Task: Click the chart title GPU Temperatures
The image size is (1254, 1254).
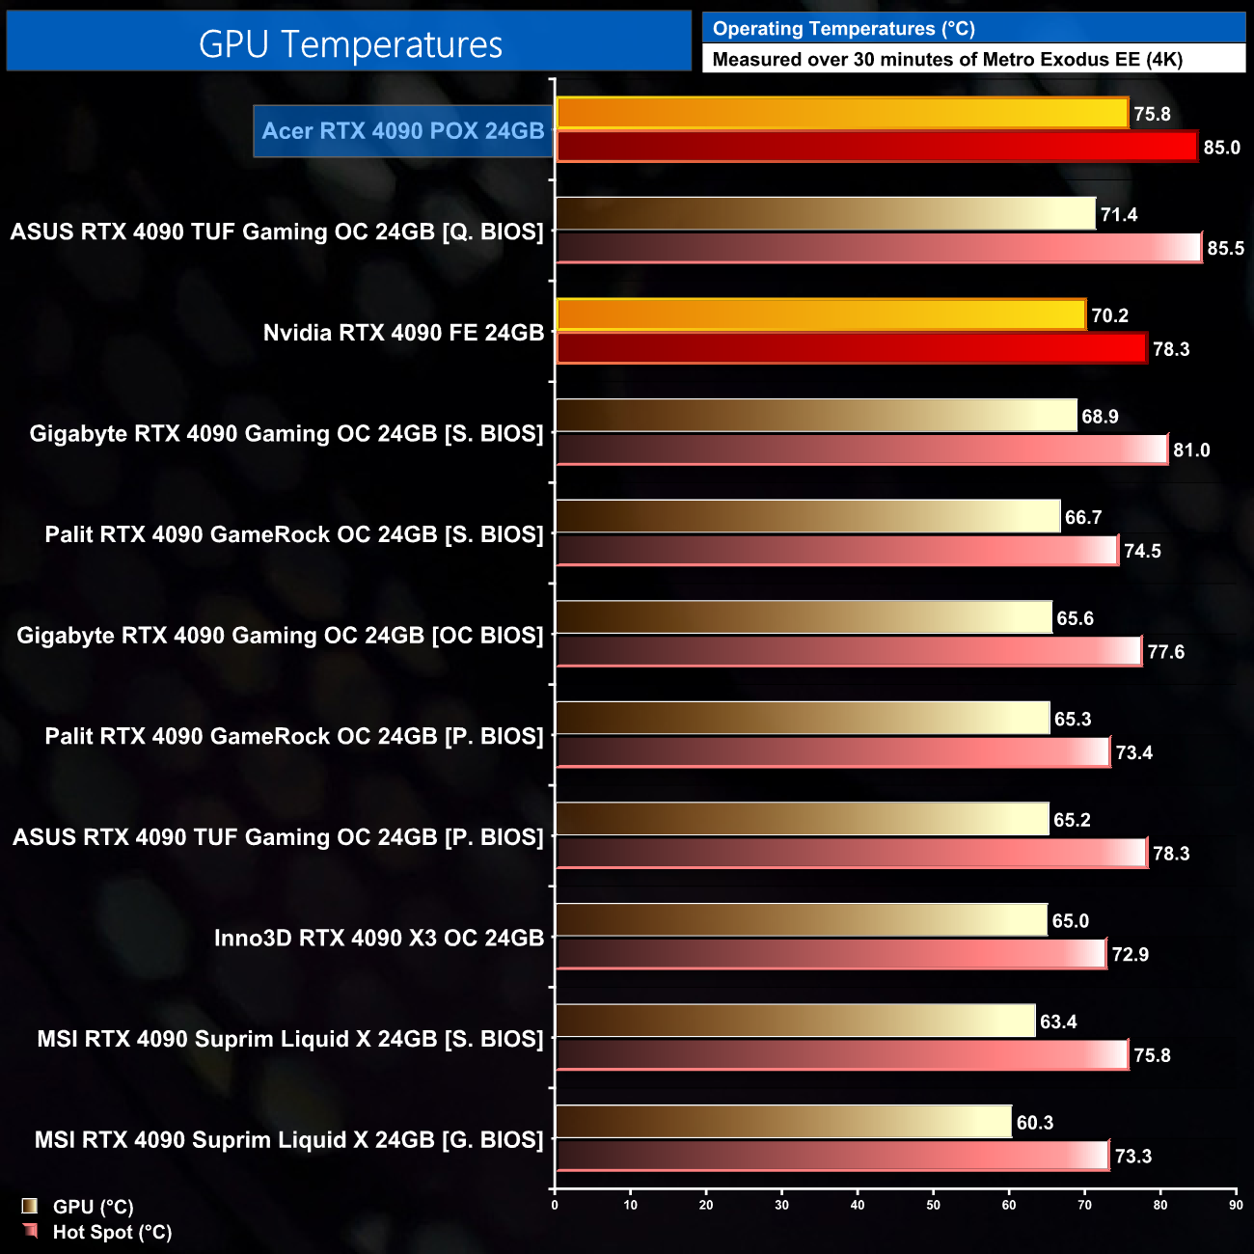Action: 350,44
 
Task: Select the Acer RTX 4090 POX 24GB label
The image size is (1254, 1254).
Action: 403,131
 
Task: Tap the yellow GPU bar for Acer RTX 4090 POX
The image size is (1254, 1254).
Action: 842,114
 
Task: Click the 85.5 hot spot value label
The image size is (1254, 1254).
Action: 1225,248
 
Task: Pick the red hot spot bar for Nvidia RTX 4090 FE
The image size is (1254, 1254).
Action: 852,348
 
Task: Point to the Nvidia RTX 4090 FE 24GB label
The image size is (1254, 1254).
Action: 403,333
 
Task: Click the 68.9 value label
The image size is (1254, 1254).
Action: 1100,417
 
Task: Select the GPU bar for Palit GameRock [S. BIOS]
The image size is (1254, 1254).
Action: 808,517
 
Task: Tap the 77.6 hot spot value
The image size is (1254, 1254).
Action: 1165,652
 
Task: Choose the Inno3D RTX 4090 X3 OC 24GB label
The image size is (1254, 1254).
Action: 379,938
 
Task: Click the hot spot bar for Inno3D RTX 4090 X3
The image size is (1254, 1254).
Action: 831,954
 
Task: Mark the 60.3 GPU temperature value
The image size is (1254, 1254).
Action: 1034,1123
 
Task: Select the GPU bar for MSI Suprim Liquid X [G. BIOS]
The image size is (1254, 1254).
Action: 783,1123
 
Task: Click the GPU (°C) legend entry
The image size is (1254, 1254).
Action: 93,1207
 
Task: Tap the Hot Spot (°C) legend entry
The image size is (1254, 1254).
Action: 112,1232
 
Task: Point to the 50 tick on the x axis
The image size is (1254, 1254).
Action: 933,1205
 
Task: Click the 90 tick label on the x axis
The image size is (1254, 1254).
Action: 1236,1205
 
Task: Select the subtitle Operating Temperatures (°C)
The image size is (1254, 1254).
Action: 843,29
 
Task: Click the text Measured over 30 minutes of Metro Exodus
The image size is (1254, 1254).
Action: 946,60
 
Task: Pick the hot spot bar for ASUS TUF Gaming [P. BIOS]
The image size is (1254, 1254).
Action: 852,854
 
